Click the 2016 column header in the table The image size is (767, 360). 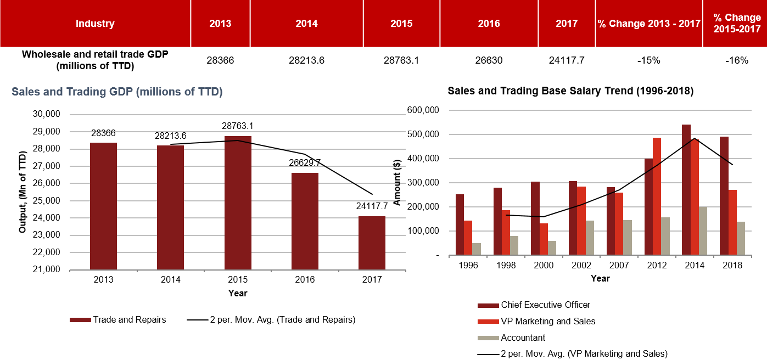pos(489,24)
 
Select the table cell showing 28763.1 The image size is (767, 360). pos(401,60)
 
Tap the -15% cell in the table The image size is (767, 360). pos(648,60)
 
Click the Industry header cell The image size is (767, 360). pos(95,24)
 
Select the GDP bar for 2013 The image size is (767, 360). pos(103,206)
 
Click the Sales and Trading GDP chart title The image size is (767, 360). pos(117,92)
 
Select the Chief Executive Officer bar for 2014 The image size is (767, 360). pos(686,190)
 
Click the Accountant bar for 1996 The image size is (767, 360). pos(477,249)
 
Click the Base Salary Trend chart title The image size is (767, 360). pos(570,92)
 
